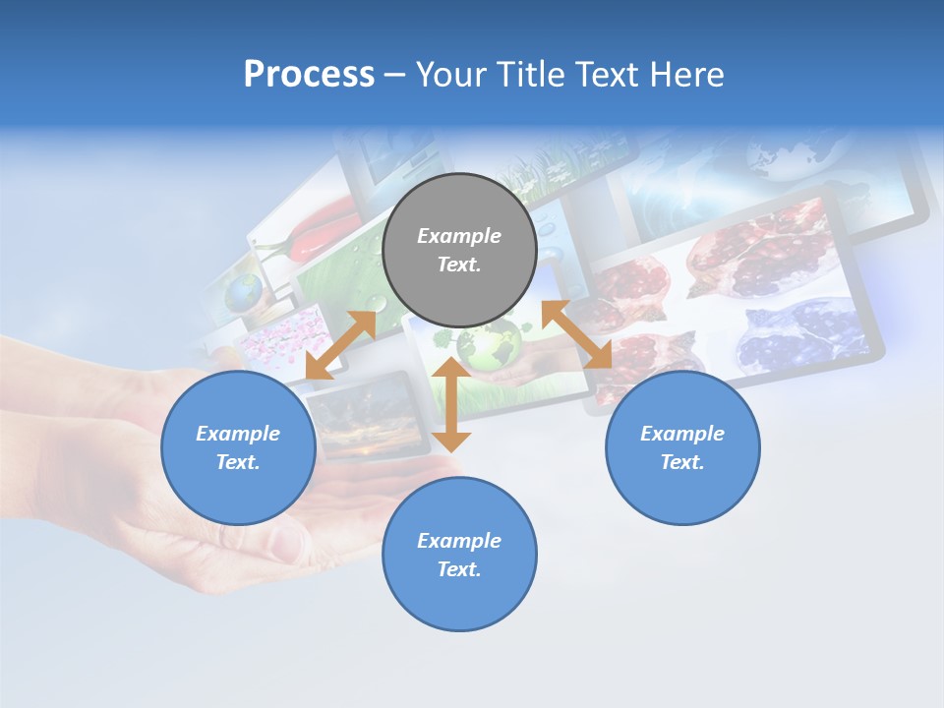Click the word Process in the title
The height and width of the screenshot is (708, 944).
coord(309,75)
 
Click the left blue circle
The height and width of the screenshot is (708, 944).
coord(238,447)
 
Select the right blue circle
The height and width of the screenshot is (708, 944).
coord(682,447)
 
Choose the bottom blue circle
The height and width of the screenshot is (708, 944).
coord(459,555)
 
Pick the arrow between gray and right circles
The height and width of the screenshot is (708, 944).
coord(577,334)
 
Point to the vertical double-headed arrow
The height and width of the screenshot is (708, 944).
coord(451,405)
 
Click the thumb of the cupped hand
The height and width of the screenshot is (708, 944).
coord(285,541)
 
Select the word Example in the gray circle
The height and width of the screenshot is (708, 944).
coord(459,236)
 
